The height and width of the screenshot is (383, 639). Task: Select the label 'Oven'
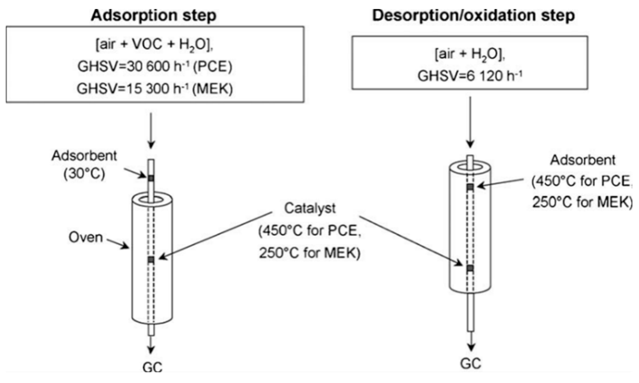pyautogui.click(x=86, y=237)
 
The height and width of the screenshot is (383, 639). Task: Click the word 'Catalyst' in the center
pyautogui.click(x=310, y=208)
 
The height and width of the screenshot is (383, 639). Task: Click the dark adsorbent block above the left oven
pyautogui.click(x=151, y=178)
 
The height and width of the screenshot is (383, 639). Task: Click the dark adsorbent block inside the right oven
pyautogui.click(x=471, y=187)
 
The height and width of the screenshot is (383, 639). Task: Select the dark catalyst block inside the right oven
pyautogui.click(x=471, y=268)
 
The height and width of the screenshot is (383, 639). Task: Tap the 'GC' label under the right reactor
pyautogui.click(x=471, y=363)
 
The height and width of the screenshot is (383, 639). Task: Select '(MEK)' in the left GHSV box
pyautogui.click(x=212, y=89)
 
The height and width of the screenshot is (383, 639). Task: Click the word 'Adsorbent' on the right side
pyautogui.click(x=583, y=160)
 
